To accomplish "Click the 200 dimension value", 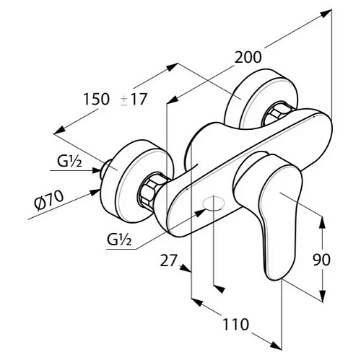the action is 248,57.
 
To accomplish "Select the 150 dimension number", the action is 96,99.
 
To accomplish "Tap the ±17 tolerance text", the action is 134,99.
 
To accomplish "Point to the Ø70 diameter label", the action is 49,201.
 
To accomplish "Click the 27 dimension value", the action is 169,260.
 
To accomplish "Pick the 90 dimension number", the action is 322,260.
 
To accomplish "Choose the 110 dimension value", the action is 235,324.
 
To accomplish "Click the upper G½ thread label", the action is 69,162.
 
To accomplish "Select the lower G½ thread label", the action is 119,240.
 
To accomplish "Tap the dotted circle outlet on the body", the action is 214,203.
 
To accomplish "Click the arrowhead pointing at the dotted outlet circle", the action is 200,213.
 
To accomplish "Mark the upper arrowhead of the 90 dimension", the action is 322,221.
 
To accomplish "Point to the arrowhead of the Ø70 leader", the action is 95,192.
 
